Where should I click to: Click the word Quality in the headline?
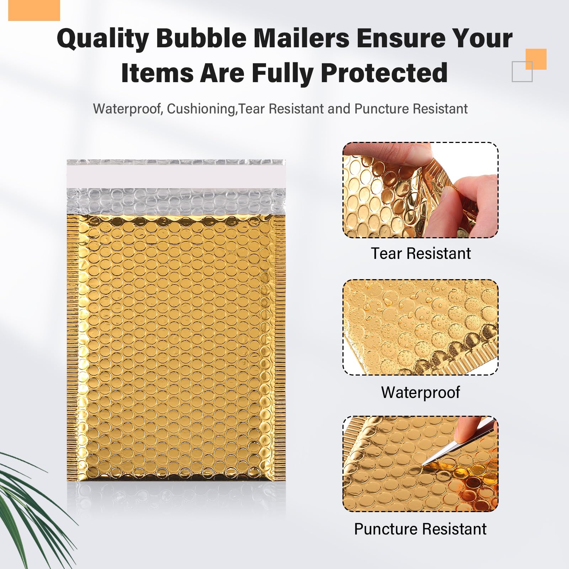click(x=102, y=38)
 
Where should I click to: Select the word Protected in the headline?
click(x=384, y=73)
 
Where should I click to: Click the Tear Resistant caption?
click(x=421, y=254)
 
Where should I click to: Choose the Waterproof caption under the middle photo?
click(x=421, y=393)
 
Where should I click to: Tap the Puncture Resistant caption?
click(x=420, y=529)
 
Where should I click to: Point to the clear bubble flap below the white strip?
click(x=176, y=201)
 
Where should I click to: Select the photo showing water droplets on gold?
click(x=420, y=327)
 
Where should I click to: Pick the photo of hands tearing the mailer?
click(x=420, y=190)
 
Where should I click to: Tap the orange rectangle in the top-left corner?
click(x=34, y=10)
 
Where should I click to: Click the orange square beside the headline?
click(x=536, y=59)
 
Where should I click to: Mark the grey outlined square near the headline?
click(x=522, y=71)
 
